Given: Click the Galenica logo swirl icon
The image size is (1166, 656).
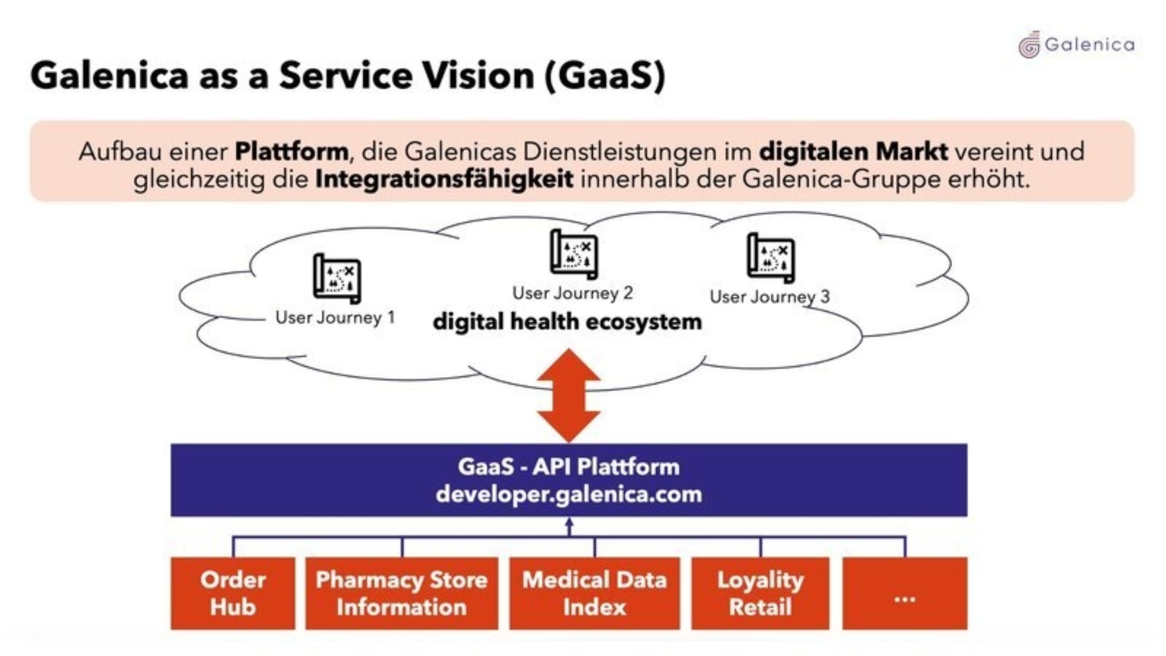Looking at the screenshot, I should (1029, 45).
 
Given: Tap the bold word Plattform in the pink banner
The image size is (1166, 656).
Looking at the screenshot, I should (291, 151).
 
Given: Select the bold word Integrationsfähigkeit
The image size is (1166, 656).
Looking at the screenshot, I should (444, 179).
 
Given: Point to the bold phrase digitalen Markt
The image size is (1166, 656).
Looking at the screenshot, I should (853, 151).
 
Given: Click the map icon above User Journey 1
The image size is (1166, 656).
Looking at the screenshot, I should (337, 279).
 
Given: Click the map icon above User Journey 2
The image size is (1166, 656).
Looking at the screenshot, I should (574, 255).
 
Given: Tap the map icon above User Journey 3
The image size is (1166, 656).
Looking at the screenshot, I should (771, 258).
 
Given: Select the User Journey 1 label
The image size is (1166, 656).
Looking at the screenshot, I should (335, 317).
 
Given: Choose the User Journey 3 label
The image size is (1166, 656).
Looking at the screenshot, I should (769, 296).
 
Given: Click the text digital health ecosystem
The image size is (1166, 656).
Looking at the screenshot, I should (567, 321).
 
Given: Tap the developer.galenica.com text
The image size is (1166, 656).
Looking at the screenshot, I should (568, 494).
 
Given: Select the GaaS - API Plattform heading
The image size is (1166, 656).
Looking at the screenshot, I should (568, 466).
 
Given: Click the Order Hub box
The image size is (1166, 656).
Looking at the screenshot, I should (233, 593).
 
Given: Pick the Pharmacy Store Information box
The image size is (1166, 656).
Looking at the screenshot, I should (401, 593).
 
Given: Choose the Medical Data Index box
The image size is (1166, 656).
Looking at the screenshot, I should (595, 593).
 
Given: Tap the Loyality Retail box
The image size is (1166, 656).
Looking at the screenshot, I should (760, 593).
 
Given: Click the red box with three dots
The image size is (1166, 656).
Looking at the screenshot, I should (904, 593).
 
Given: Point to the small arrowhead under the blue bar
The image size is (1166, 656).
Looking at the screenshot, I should (569, 523).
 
